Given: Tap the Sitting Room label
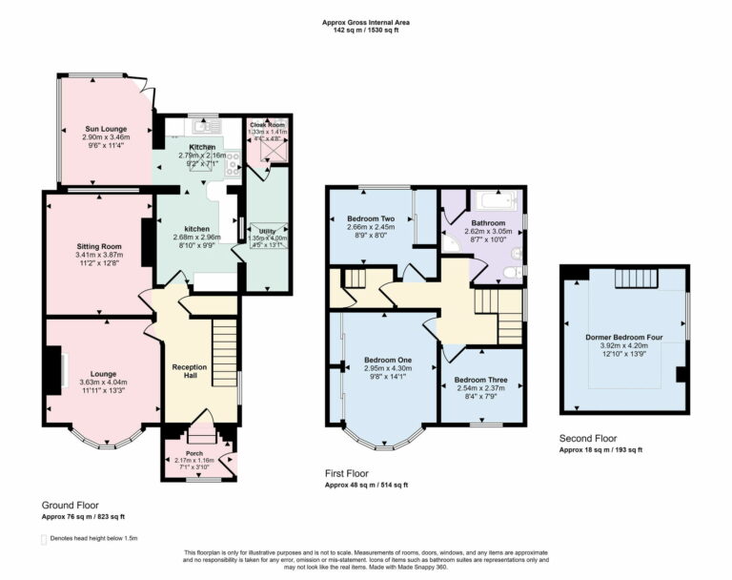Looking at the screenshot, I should (99, 246).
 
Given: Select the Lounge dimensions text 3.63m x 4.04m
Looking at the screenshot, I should (103, 382).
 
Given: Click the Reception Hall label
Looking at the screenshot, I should (189, 366).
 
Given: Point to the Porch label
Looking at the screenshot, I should (195, 453).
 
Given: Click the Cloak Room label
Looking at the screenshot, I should (268, 125).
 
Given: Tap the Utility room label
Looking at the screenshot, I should (268, 231).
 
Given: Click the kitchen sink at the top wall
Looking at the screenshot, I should (203, 126).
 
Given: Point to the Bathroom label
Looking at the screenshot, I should (488, 222).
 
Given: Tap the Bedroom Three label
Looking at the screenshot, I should (480, 379).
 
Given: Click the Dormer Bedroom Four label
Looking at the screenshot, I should (624, 337).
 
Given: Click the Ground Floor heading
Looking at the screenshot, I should (70, 505).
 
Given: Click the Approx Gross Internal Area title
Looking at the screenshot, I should (366, 20).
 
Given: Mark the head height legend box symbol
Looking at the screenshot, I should (45, 539).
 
